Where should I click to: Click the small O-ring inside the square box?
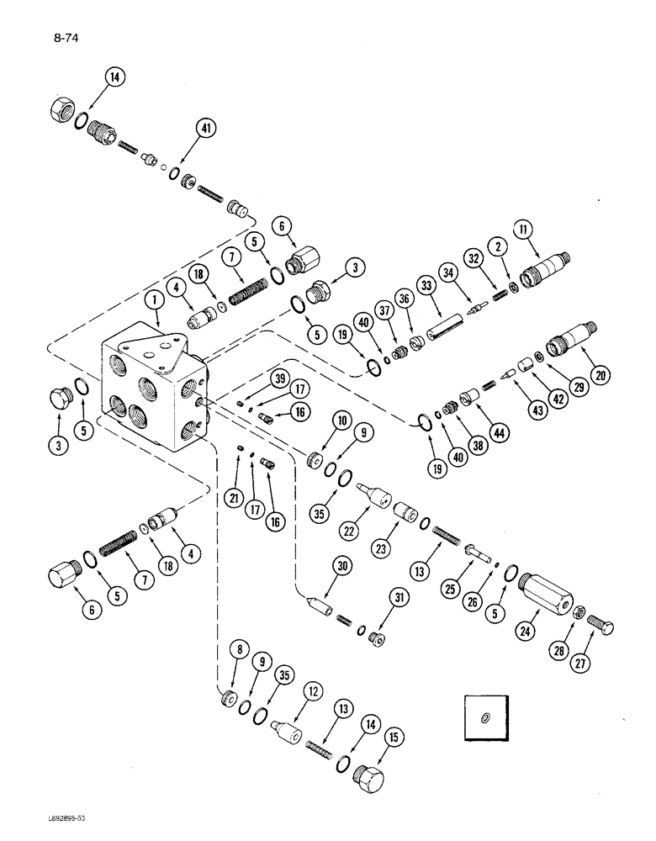[x=486, y=717]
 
